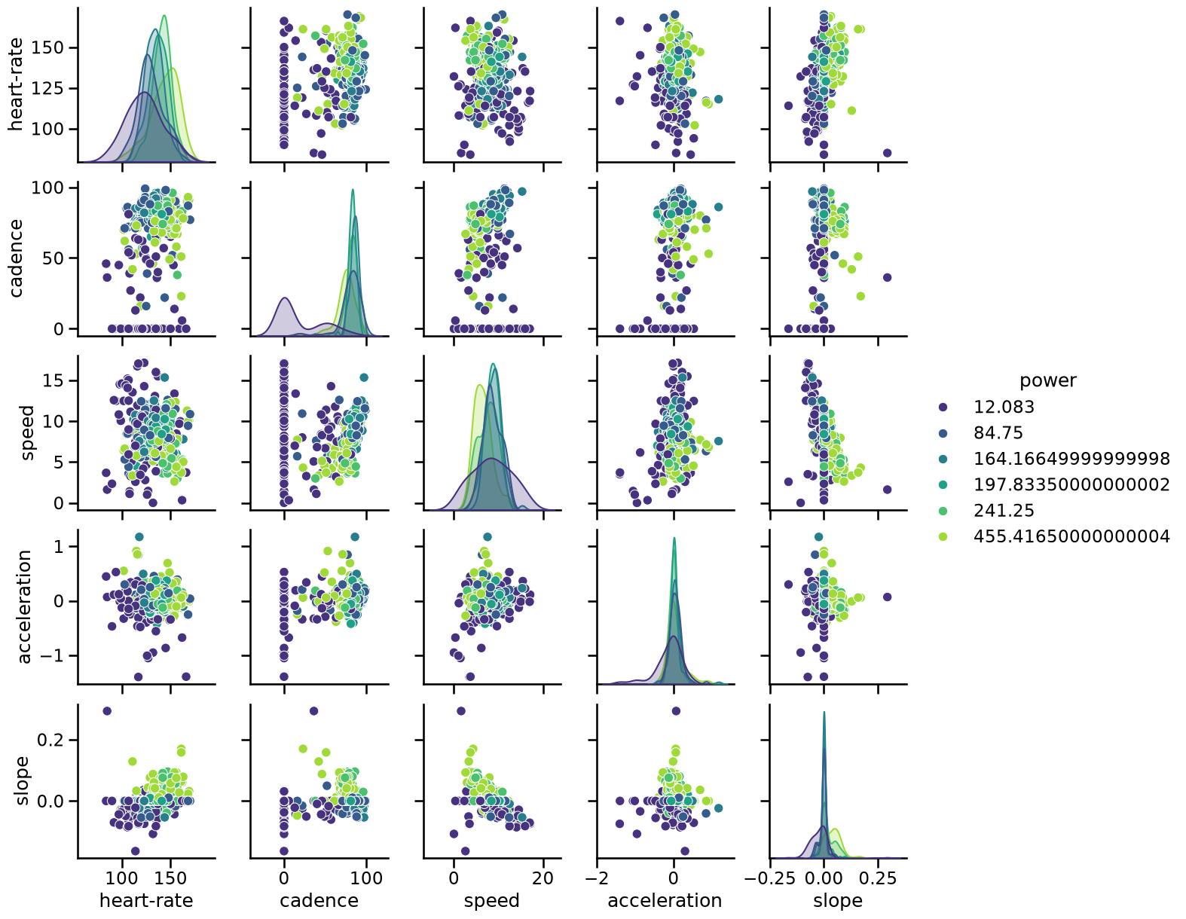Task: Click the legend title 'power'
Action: coord(1048,380)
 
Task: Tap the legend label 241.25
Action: coord(1004,511)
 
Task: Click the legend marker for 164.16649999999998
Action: coord(943,459)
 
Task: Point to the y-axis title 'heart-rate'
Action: coord(16,84)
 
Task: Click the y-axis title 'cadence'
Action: coord(16,258)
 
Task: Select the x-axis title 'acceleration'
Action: coord(665,900)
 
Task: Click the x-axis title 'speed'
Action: coord(491,900)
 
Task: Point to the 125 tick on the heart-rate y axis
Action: coord(47,88)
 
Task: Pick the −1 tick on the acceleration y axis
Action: coord(50,655)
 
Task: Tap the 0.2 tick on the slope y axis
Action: coord(50,740)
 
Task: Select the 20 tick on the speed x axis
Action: coord(543,878)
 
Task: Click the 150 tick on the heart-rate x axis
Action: coord(170,878)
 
